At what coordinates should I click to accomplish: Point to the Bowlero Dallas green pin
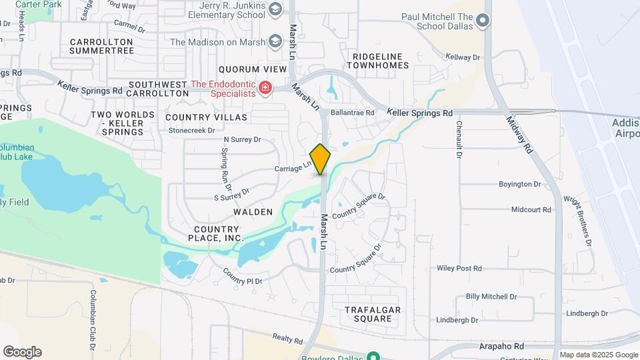pos(375,355)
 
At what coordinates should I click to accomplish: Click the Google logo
pos(22,352)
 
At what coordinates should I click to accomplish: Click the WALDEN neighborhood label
pos(253,212)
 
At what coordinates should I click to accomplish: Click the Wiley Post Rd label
pos(459,268)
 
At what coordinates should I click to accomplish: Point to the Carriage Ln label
pos(293,167)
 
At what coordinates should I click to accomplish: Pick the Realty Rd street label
pos(288,339)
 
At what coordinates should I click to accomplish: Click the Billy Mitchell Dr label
pos(491,296)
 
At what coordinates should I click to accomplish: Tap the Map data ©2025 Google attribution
pos(599,355)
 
